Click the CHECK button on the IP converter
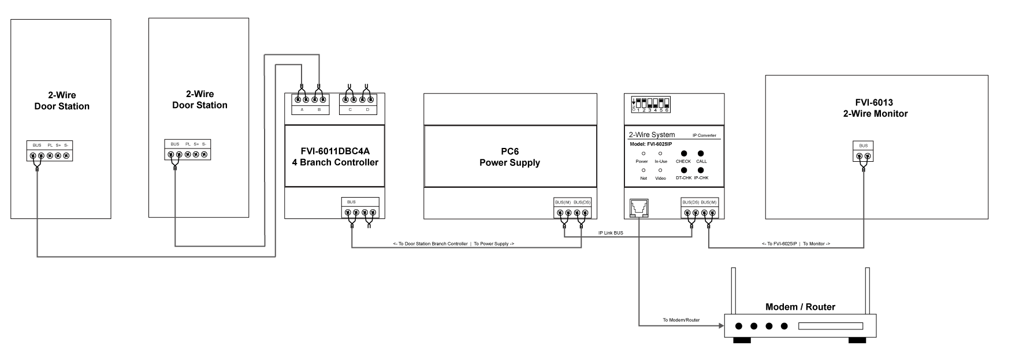point(683,154)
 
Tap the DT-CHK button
point(683,170)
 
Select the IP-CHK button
point(701,170)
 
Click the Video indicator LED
point(660,170)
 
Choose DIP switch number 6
point(667,105)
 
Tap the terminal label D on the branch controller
point(367,109)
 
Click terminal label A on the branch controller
point(302,109)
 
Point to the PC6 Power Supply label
point(509,157)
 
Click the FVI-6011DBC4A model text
point(334,151)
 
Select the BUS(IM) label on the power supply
point(563,202)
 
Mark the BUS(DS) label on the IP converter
point(690,202)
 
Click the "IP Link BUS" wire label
point(611,233)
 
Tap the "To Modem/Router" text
point(680,320)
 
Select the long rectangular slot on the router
point(830,326)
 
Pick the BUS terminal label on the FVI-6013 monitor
point(863,146)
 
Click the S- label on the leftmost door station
point(66,145)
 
